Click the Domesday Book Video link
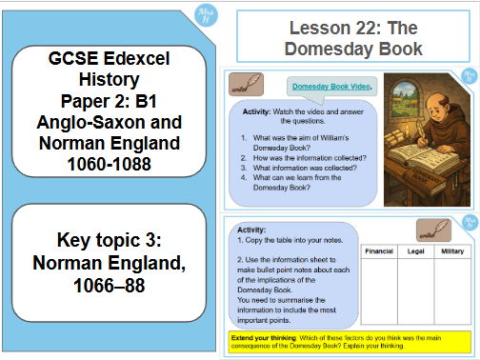click(332, 87)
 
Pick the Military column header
click(452, 252)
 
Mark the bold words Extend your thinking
click(265, 338)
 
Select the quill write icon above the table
click(432, 230)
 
